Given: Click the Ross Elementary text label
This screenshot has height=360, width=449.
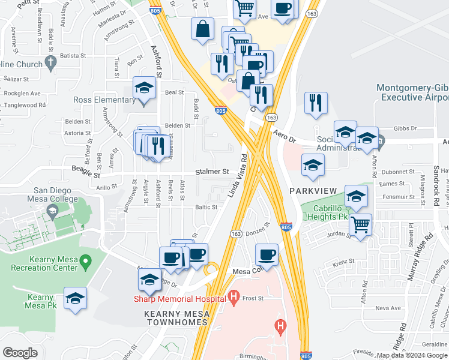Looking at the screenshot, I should [x=102, y=100].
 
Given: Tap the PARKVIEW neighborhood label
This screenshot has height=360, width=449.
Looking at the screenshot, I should [x=312, y=190].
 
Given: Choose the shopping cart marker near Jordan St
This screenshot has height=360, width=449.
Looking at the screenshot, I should [x=360, y=225].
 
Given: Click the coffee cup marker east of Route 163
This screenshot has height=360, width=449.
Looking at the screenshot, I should [x=267, y=254].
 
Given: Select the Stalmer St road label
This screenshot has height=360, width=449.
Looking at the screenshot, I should [x=212, y=172].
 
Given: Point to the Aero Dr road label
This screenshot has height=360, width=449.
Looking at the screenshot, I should [x=285, y=137].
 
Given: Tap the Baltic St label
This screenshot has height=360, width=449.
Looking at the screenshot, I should [x=205, y=207].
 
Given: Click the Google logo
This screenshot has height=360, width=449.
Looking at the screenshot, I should [x=20, y=353].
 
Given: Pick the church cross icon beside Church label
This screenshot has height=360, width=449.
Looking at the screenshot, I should [x=50, y=62].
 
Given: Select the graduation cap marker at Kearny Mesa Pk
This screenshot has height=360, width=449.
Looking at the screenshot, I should [x=75, y=298].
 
